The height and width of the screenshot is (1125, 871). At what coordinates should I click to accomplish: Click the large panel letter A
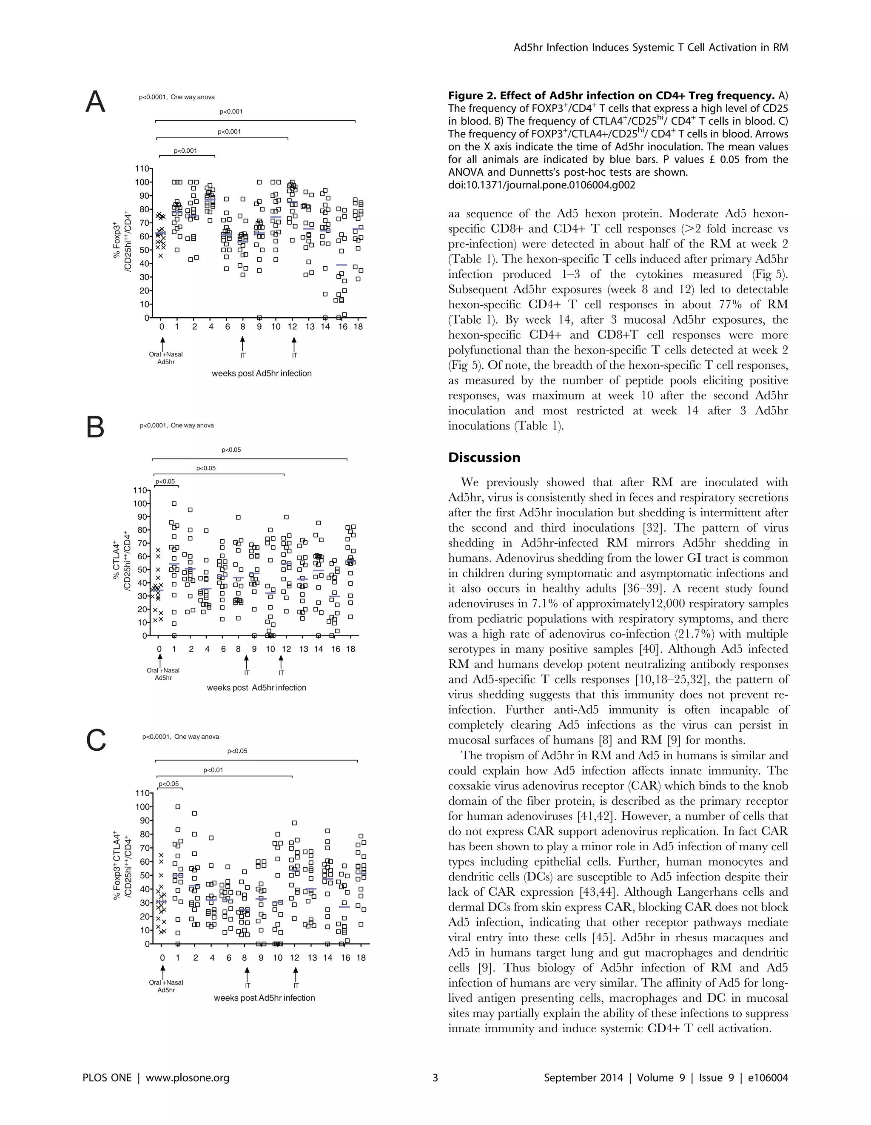tap(95, 102)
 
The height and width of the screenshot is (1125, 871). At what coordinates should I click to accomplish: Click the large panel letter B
tap(95, 427)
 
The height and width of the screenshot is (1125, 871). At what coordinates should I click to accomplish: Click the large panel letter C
tap(96, 741)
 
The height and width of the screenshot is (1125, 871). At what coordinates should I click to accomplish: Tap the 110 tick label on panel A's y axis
tap(142, 168)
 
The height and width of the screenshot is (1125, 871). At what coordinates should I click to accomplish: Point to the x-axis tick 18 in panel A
tap(359, 327)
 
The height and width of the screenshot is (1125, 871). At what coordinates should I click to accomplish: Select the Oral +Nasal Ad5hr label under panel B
tap(163, 674)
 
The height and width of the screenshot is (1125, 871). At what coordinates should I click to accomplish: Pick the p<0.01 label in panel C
tap(213, 770)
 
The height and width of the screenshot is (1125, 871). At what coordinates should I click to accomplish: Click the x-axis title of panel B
tap(256, 688)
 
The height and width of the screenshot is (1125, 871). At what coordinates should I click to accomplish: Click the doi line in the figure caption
tap(541, 185)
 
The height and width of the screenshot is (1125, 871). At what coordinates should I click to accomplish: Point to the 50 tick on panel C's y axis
tap(144, 876)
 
